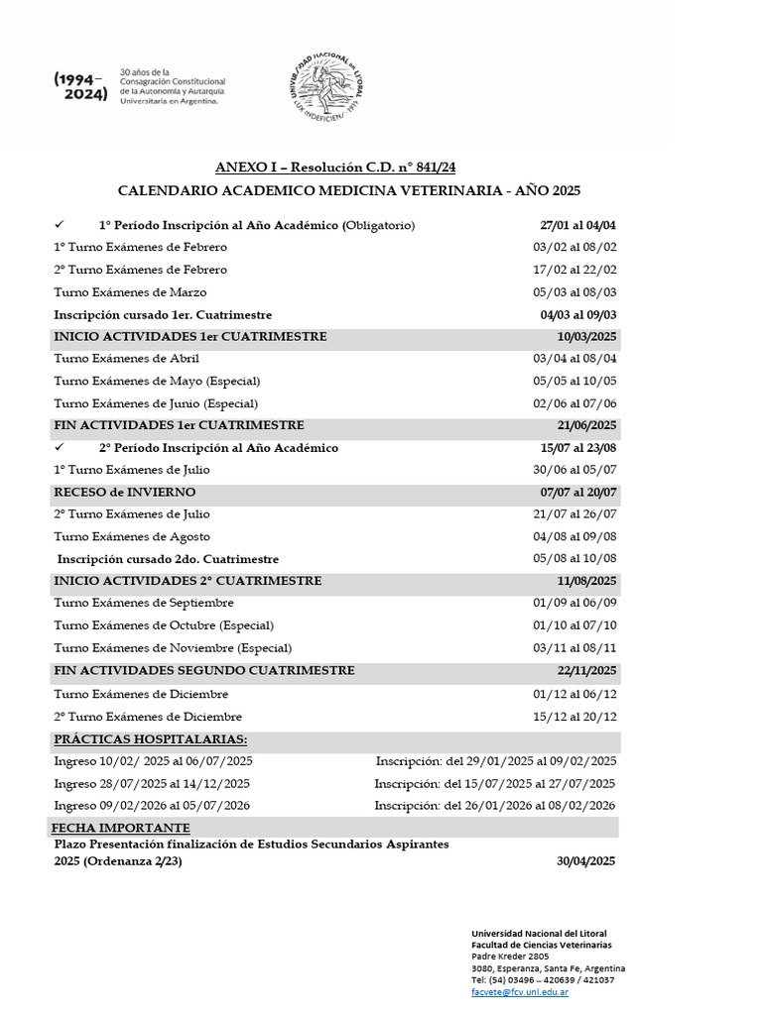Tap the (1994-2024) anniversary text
(81, 87)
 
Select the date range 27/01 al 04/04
(578, 225)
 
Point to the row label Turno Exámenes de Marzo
(130, 291)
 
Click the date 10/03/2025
(586, 337)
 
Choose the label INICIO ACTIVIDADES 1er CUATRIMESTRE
(190, 337)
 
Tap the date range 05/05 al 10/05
(574, 381)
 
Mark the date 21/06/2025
(586, 425)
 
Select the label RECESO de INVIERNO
(125, 493)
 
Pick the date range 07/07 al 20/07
(578, 493)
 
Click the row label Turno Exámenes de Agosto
(132, 536)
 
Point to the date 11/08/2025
(586, 581)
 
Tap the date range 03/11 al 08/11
(574, 648)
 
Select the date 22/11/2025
(586, 671)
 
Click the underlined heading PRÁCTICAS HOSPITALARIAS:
(151, 739)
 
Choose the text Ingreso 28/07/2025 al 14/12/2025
(153, 783)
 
